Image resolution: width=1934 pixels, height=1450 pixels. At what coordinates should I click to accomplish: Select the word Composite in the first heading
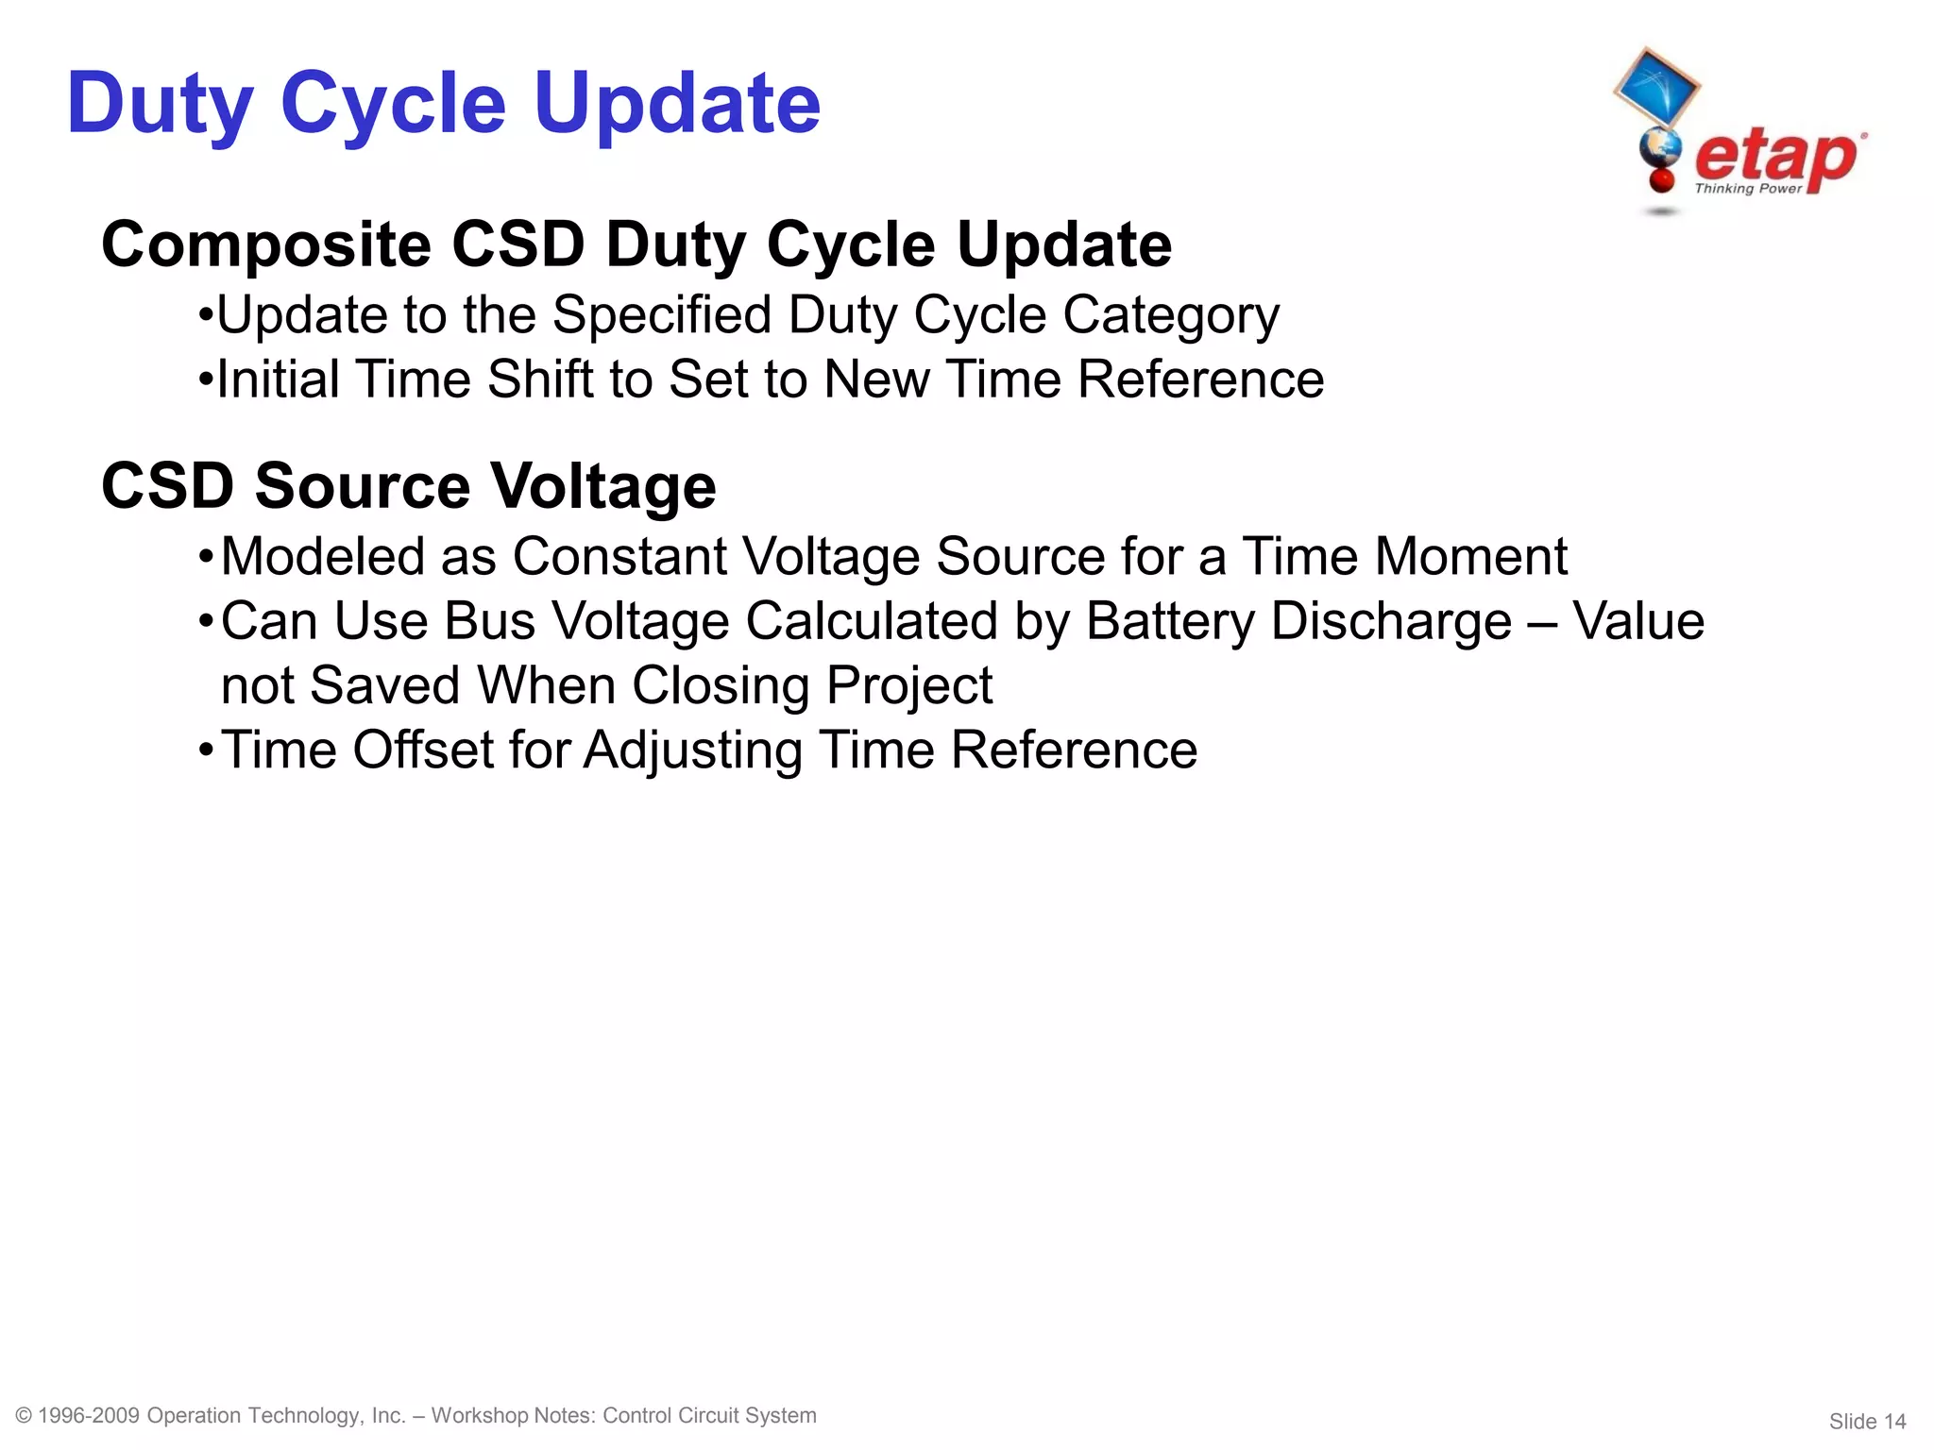click(x=266, y=245)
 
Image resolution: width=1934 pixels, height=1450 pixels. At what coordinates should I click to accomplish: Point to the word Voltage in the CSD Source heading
click(x=603, y=487)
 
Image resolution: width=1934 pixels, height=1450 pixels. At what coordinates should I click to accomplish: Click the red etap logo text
click(x=1775, y=157)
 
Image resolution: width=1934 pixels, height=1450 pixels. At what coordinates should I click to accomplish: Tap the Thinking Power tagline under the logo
click(x=1748, y=189)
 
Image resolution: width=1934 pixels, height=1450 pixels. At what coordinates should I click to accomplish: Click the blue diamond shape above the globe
click(x=1655, y=88)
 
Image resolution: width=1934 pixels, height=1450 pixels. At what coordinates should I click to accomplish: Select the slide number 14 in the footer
click(x=1894, y=1422)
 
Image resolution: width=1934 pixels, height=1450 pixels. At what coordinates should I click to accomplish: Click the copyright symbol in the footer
click(x=25, y=1415)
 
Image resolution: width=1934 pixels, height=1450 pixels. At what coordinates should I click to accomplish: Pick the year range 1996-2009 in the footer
click(x=89, y=1415)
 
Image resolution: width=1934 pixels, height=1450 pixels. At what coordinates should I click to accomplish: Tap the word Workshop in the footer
click(x=479, y=1415)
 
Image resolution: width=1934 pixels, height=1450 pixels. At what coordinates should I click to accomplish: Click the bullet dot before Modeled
click(x=206, y=558)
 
